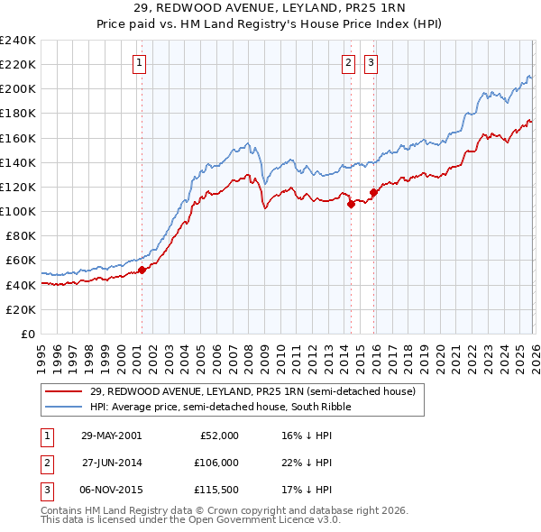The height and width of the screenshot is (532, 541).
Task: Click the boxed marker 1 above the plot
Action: [141, 63]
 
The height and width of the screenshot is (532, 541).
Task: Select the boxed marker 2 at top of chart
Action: [348, 63]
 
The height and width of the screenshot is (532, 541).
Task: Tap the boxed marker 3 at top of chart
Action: [371, 63]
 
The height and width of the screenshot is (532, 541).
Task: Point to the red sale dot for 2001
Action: [142, 270]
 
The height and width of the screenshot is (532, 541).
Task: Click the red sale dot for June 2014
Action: [351, 204]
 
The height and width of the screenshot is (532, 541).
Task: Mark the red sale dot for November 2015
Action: [372, 192]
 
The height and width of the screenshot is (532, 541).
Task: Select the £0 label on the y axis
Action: [28, 334]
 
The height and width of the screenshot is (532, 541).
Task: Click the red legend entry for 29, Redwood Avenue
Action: [252, 392]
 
